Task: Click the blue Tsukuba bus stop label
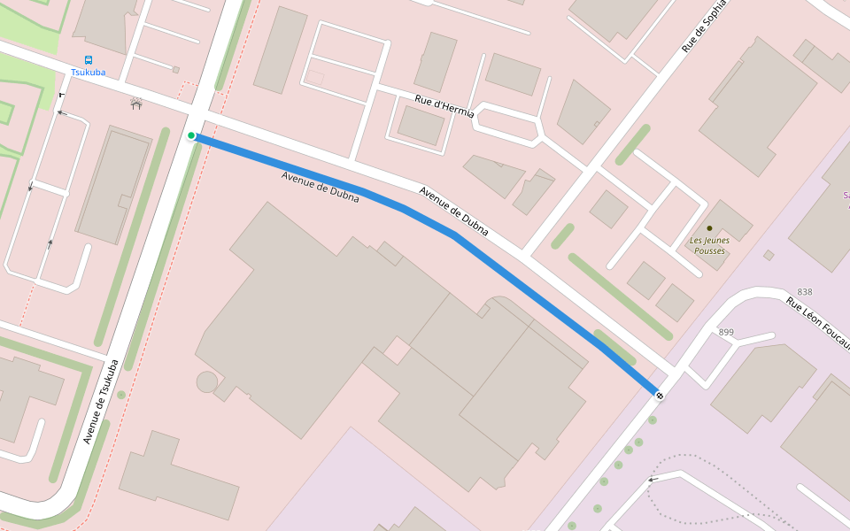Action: click(88, 73)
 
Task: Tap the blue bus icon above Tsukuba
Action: click(88, 60)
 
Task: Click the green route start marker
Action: click(191, 135)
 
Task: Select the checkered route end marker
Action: click(659, 395)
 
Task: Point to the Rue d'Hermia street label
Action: click(444, 106)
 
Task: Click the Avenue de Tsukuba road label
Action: click(101, 402)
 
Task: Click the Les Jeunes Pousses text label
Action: click(707, 245)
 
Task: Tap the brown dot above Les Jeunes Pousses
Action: click(708, 228)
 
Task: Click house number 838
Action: click(804, 292)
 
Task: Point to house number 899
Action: click(726, 333)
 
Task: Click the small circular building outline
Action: click(207, 382)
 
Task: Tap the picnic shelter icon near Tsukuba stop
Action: click(136, 103)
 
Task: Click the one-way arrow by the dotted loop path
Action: click(653, 480)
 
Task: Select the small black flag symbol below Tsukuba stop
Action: click(61, 95)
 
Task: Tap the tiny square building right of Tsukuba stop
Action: click(175, 70)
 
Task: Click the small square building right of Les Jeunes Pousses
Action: click(769, 255)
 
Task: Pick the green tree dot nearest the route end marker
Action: click(652, 420)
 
